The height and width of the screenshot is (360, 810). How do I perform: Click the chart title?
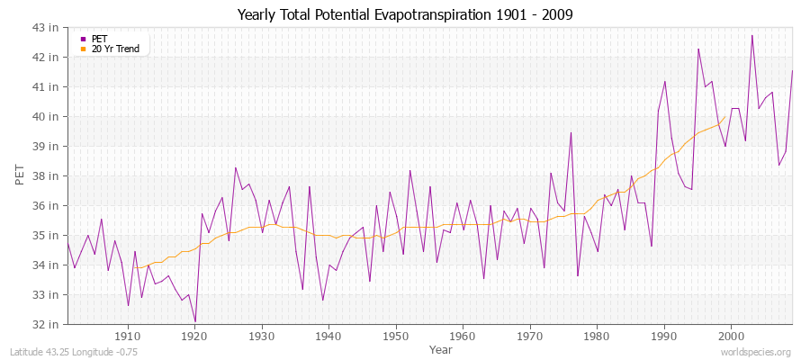click(405, 15)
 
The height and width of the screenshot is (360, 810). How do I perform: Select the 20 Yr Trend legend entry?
click(115, 49)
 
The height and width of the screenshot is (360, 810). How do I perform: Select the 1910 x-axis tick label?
click(128, 336)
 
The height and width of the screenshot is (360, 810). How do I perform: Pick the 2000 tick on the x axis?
click(731, 336)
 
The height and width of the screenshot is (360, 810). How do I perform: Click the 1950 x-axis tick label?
click(396, 336)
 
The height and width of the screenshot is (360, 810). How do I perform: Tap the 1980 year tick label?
click(597, 336)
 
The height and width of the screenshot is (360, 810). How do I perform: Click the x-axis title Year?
click(441, 349)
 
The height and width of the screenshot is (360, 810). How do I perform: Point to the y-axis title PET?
click(20, 175)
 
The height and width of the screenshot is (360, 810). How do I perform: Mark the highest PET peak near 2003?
click(752, 35)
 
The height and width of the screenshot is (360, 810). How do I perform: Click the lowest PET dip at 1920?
click(195, 321)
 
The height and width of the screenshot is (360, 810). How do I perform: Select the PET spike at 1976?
click(571, 132)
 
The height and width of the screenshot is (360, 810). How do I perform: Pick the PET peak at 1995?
click(698, 49)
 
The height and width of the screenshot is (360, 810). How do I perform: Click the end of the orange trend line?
click(725, 114)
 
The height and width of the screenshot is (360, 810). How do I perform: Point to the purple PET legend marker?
click(83, 39)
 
